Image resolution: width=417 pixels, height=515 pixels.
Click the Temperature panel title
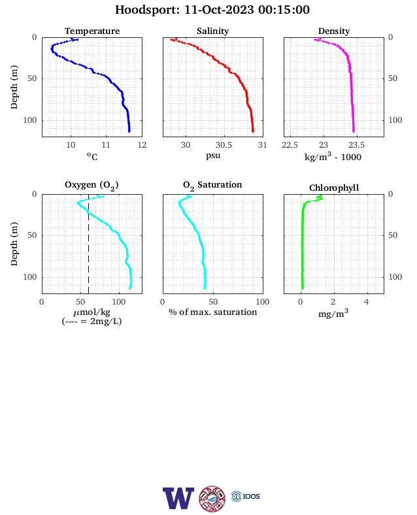tap(92, 31)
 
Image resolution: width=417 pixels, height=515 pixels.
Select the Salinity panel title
tap(213, 31)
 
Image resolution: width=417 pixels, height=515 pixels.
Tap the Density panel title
tap(334, 31)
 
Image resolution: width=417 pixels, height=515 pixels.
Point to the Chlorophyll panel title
tap(334, 188)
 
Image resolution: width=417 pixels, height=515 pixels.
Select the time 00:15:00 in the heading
tap(284, 10)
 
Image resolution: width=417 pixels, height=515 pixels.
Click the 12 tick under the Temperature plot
tap(142, 145)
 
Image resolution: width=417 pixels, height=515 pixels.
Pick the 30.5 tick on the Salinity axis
tap(224, 145)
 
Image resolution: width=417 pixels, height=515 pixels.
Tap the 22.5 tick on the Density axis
tap(290, 145)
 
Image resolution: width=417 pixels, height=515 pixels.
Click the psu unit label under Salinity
tap(213, 156)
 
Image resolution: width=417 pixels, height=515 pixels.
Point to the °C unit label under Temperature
tap(92, 156)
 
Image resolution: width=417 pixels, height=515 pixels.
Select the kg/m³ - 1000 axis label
tap(333, 156)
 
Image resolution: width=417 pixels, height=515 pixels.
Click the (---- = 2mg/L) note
tap(92, 321)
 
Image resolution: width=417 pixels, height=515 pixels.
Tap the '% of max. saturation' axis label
tap(213, 312)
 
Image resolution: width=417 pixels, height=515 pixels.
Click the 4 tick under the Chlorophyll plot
tap(367, 302)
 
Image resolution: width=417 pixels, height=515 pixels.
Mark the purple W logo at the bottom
tap(178, 498)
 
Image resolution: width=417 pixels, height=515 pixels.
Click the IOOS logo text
tap(251, 496)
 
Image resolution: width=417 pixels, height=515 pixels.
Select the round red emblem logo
tap(212, 499)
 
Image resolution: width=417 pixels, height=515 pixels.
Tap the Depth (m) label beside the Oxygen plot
tap(14, 244)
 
